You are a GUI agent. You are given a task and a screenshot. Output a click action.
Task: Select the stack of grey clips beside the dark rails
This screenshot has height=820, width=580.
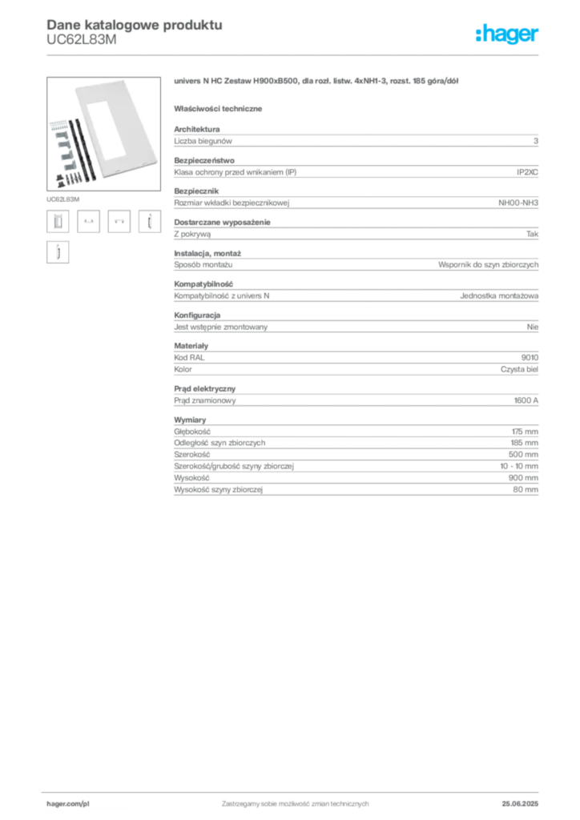(58, 144)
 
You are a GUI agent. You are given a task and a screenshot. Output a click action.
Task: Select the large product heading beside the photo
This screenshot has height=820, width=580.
(316, 82)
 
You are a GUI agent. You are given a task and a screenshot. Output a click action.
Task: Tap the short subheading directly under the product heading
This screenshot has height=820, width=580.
(220, 107)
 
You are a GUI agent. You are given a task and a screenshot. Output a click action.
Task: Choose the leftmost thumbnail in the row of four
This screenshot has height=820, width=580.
(57, 221)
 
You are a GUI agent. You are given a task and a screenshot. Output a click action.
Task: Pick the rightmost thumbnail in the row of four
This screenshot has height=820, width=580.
(147, 221)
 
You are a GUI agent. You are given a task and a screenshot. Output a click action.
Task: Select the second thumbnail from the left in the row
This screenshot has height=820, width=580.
(90, 221)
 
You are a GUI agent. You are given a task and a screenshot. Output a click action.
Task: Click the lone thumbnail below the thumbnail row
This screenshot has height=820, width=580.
(57, 253)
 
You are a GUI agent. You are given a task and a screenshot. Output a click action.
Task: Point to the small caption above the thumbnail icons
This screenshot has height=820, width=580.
(63, 196)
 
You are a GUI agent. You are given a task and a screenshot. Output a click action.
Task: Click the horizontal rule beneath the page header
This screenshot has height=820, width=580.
(295, 54)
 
